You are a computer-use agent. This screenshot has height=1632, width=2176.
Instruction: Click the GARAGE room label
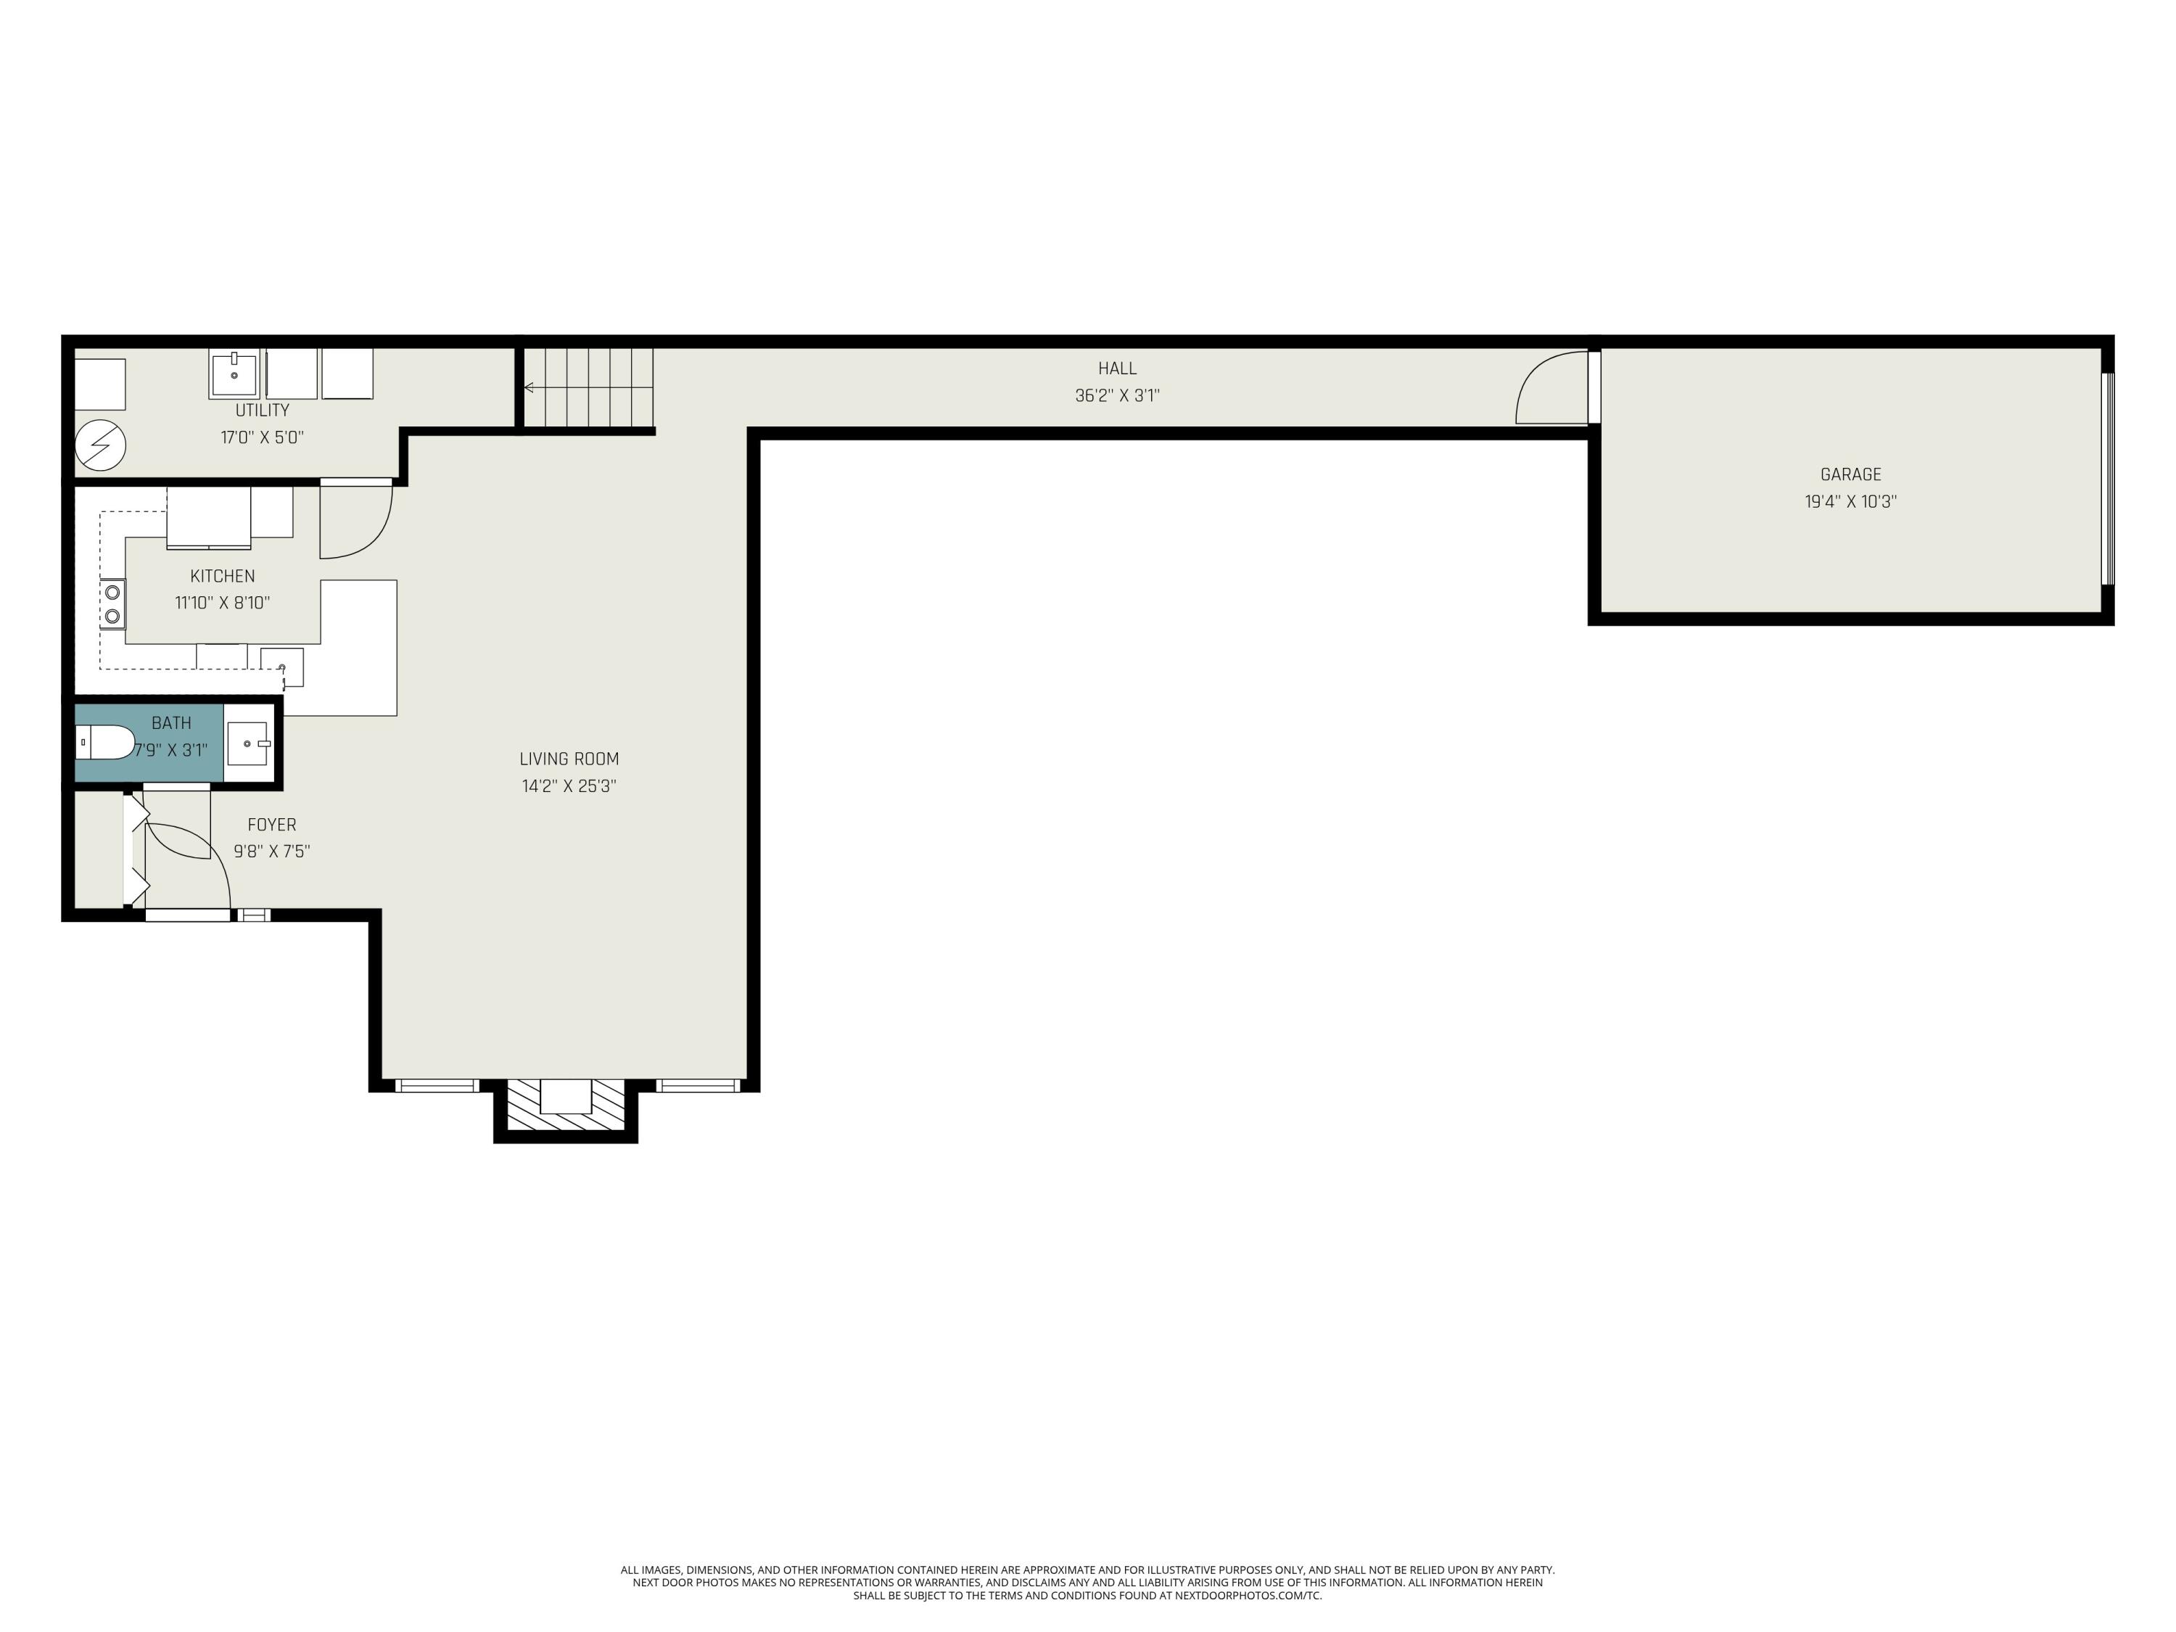[x=1850, y=474]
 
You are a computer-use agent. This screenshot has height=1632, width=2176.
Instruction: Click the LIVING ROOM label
[x=569, y=759]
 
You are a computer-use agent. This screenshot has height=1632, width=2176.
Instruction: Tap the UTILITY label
[x=262, y=411]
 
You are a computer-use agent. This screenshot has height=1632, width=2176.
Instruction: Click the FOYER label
[x=271, y=825]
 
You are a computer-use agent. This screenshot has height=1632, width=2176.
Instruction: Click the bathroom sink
[x=248, y=743]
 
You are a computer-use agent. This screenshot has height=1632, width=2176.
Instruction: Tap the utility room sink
[x=234, y=375]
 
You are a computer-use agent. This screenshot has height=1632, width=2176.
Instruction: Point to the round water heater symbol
[x=100, y=445]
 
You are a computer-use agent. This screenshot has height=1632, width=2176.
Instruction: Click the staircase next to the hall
[x=588, y=387]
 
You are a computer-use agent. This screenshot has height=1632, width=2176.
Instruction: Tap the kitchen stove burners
[x=113, y=604]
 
